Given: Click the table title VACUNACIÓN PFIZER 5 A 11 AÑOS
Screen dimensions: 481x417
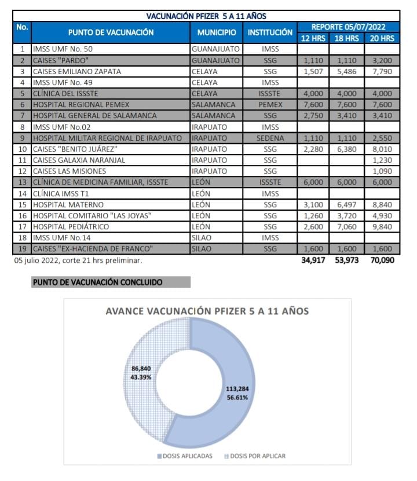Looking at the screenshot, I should (x=206, y=16).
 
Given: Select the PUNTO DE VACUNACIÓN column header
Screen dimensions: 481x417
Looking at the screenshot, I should (x=111, y=32).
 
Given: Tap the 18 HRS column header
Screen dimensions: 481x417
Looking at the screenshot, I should (x=347, y=38).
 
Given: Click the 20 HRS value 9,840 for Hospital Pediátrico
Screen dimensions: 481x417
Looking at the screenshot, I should (x=382, y=226).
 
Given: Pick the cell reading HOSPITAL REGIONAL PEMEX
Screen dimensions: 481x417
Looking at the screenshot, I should (x=81, y=104).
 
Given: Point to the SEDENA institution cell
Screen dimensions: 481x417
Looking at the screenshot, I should (x=270, y=138).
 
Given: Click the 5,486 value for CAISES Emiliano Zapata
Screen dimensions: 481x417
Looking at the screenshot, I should (x=347, y=71).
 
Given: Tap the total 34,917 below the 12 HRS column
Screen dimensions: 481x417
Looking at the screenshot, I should (x=313, y=260).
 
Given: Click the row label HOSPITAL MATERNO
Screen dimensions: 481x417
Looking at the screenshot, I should (x=68, y=204).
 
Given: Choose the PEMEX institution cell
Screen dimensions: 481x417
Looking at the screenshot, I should (x=270, y=104).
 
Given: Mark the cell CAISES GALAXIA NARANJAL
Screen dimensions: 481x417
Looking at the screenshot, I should (x=79, y=160).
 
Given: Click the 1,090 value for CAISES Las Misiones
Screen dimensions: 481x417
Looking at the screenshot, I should (x=382, y=171).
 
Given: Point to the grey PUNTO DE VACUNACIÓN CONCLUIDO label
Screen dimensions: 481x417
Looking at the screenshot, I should (x=97, y=282).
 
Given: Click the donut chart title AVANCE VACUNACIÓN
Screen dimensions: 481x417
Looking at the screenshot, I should (x=207, y=311).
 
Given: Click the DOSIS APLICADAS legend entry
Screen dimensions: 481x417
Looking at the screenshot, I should (x=188, y=456).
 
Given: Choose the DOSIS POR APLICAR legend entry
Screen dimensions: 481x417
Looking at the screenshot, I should (x=255, y=456).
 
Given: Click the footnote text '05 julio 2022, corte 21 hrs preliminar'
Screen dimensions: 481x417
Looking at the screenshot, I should (x=78, y=260).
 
